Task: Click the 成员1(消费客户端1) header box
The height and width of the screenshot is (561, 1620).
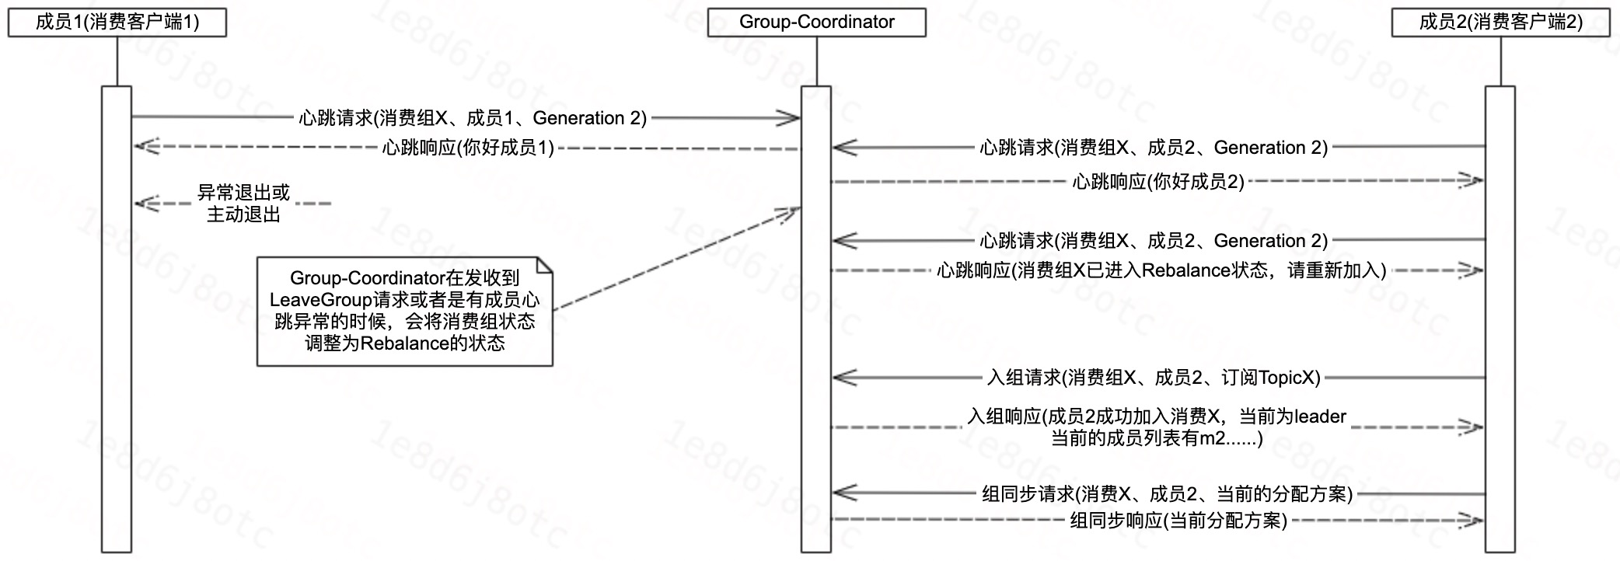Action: [x=117, y=22]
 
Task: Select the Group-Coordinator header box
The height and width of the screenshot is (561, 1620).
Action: [x=816, y=22]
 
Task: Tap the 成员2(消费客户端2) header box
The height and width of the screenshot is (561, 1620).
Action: [x=1500, y=22]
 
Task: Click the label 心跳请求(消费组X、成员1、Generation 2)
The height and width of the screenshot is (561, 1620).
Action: [x=473, y=118]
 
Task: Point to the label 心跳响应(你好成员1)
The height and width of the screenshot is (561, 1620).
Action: [x=468, y=148]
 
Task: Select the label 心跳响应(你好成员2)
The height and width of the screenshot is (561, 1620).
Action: [x=1158, y=182]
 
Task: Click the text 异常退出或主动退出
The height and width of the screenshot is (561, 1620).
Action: [x=243, y=204]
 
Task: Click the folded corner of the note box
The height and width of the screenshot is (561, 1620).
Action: [x=545, y=265]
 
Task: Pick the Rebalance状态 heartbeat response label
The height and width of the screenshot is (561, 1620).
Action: [x=1161, y=270]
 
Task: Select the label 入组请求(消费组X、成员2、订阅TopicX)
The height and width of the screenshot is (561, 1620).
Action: [x=1154, y=378]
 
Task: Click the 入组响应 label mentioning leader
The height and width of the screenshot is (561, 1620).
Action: [x=1157, y=427]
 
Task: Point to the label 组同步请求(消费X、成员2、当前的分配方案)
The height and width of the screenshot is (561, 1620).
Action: [x=1167, y=493]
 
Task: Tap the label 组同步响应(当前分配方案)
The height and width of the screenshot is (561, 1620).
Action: [x=1178, y=521]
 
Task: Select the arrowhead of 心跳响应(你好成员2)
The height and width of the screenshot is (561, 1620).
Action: [x=1474, y=181]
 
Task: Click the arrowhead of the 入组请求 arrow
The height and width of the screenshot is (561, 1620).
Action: [x=842, y=378]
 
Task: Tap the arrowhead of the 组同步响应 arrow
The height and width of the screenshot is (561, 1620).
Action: [x=1474, y=520]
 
